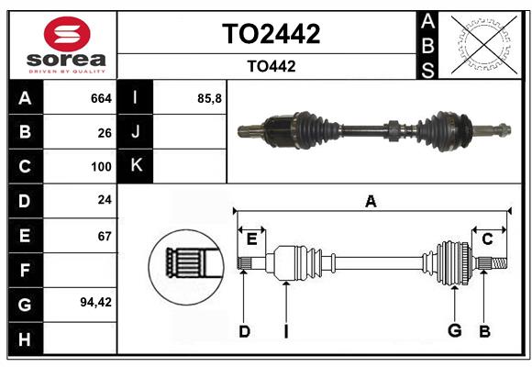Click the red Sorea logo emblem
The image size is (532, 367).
pos(67,34)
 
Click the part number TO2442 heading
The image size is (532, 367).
pos(272,34)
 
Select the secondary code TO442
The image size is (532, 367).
pos(272,66)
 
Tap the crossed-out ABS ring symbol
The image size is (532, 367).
pos(484,44)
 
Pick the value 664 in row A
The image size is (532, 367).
pos(101,98)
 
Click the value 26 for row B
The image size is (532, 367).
pos(105,133)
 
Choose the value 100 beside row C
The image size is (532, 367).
pos(101,167)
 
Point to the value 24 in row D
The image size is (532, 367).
pos(105,200)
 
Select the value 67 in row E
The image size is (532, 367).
pos(105,236)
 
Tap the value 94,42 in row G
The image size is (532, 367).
pos(95,302)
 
